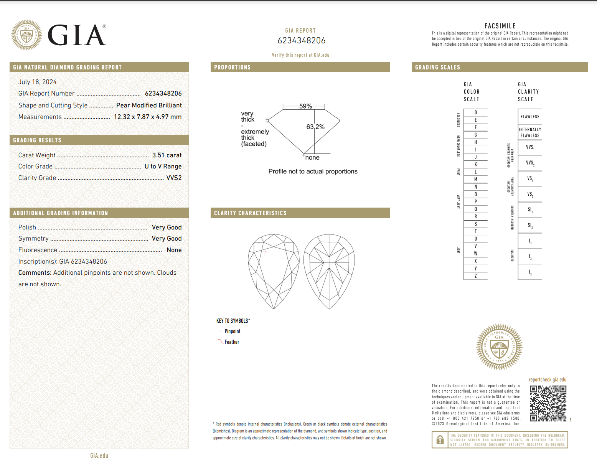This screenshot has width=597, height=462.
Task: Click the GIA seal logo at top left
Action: (26, 35)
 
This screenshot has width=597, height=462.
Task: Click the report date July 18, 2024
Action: (37, 82)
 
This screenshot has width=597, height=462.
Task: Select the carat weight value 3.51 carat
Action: (167, 155)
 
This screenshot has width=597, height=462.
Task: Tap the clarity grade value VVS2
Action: (174, 178)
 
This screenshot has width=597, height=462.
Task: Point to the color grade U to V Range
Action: (163, 166)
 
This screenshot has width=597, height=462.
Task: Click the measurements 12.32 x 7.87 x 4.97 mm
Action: (148, 117)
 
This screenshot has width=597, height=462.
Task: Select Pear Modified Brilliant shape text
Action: (149, 105)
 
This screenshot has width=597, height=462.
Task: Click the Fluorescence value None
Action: (174, 250)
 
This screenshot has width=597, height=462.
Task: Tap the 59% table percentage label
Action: (305, 106)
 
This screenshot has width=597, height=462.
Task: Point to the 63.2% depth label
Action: (315, 127)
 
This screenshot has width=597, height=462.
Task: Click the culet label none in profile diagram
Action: (312, 158)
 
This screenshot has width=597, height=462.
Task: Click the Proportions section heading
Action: (233, 67)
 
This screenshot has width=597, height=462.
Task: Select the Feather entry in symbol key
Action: (232, 342)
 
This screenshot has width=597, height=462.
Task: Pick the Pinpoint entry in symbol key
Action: (233, 331)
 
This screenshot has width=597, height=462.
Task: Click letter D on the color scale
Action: (476, 112)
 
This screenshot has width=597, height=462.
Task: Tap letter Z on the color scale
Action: (476, 276)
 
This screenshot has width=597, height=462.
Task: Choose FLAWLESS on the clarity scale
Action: (530, 117)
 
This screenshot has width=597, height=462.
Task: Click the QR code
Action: (548, 403)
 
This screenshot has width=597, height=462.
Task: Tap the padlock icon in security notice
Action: (440, 440)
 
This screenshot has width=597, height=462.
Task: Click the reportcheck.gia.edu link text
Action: (548, 379)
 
